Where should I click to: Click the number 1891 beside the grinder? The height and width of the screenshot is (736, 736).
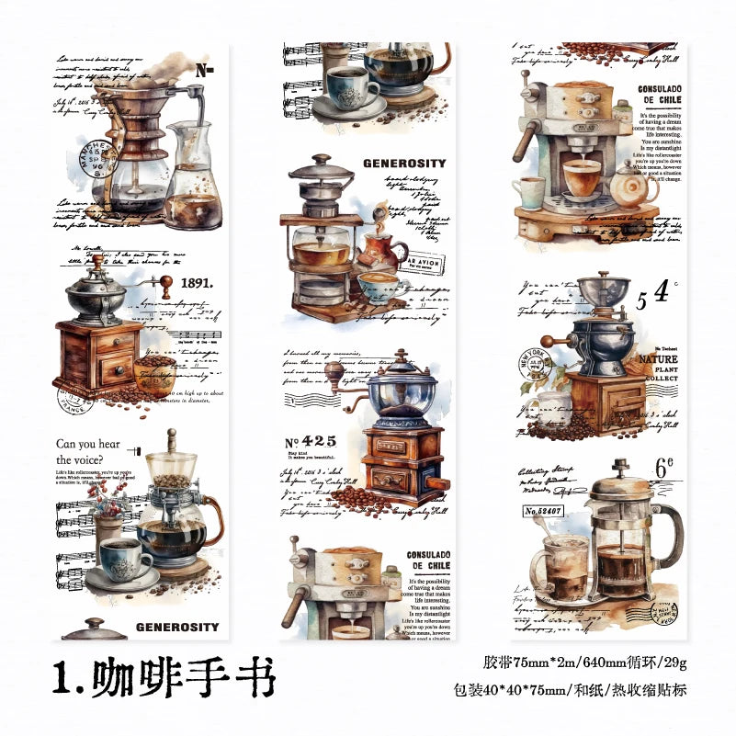coord(197,283)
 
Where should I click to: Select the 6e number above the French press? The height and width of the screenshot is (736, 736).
coord(665,467)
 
